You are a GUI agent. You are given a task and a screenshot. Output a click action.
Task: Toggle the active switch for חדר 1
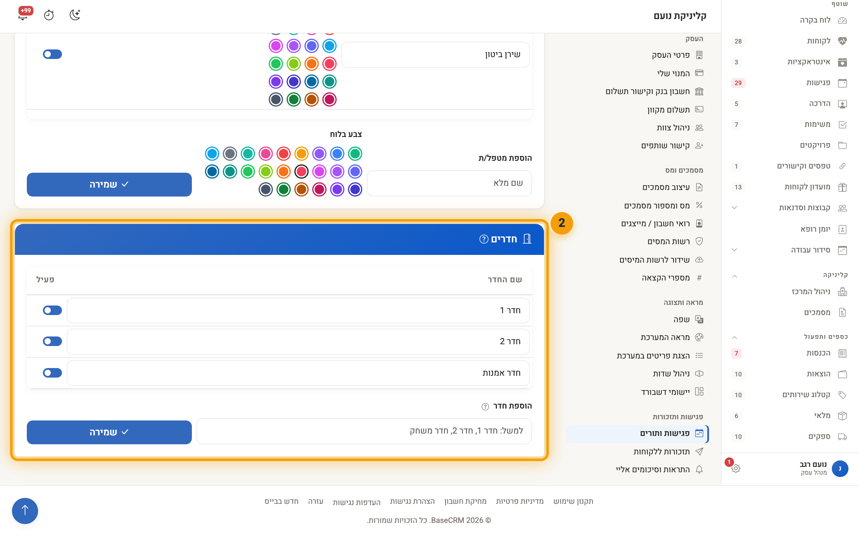(x=52, y=310)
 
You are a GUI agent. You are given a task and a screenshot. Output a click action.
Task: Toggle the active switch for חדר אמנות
(x=52, y=373)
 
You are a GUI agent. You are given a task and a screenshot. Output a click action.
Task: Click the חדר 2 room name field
(x=298, y=341)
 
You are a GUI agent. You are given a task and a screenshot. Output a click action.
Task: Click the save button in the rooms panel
(x=109, y=432)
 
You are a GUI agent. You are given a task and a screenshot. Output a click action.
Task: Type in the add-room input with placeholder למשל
(x=364, y=431)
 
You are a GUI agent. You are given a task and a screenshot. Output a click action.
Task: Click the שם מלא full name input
(x=449, y=183)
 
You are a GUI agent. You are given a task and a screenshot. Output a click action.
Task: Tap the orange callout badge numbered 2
(x=562, y=223)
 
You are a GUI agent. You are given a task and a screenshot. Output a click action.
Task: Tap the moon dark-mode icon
(x=75, y=15)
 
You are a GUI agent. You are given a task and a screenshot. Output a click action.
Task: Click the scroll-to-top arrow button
(x=25, y=510)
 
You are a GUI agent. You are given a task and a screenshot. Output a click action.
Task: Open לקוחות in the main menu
(x=818, y=41)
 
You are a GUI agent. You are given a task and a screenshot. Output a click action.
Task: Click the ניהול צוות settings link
(x=673, y=128)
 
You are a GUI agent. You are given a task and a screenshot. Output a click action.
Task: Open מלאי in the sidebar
(x=822, y=416)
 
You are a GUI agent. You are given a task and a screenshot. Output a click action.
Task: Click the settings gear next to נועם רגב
(x=736, y=468)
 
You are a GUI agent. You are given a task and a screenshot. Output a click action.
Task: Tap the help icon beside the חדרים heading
(x=484, y=239)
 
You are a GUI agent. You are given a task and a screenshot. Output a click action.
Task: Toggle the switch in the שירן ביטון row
(x=52, y=54)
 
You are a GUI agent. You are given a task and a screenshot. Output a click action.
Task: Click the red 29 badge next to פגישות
(x=738, y=83)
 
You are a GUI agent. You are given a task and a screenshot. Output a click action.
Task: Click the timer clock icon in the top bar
(x=49, y=15)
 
